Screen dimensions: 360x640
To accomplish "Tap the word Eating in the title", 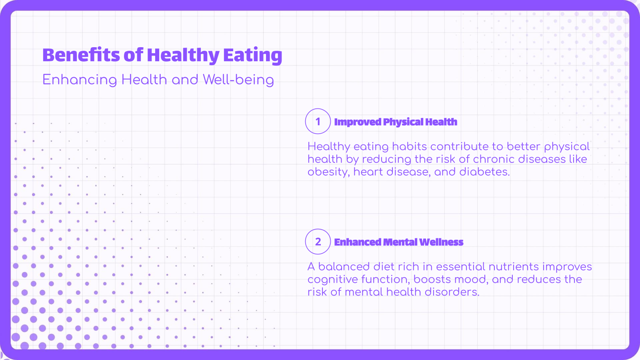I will pos(252,55).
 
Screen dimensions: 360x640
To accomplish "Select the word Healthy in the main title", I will pos(183,55).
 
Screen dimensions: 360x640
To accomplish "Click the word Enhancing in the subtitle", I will pos(80,80).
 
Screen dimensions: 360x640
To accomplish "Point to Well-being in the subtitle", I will pos(238,80).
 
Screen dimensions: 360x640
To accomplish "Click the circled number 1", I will pos(318,121).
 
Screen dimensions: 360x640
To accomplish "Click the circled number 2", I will pos(318,242).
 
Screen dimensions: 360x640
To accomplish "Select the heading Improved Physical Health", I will pos(396,122).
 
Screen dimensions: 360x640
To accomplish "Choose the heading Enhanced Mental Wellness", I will pos(398,242).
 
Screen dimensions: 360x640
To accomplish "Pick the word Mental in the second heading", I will pos(400,242).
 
